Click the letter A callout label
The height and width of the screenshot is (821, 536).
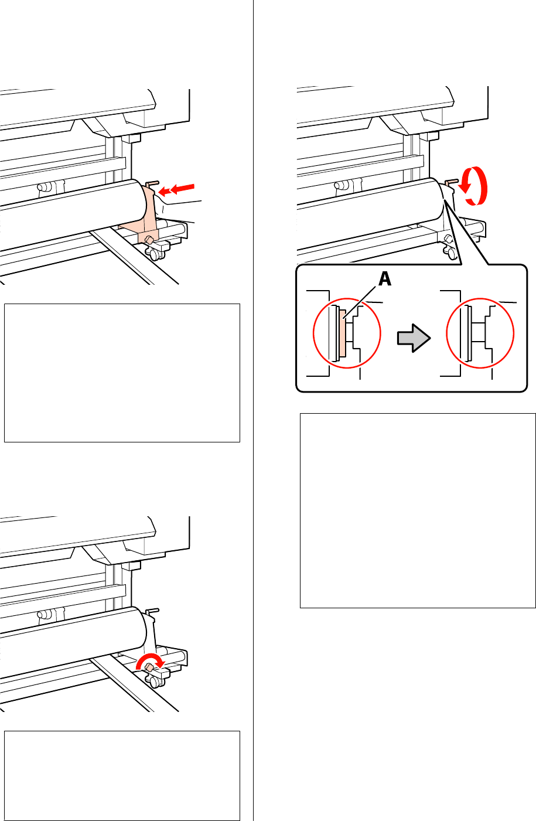coord(385,281)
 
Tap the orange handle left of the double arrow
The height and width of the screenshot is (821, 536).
coord(151,185)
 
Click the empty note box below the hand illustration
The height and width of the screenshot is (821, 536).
coord(122,373)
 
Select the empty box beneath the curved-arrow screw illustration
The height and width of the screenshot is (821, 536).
coord(122,775)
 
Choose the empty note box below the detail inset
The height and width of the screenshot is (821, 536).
coord(418,510)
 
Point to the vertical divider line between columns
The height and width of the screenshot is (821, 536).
coord(253,410)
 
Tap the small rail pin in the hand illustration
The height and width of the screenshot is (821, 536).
coord(42,188)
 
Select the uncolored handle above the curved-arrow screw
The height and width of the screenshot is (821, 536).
coord(151,612)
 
